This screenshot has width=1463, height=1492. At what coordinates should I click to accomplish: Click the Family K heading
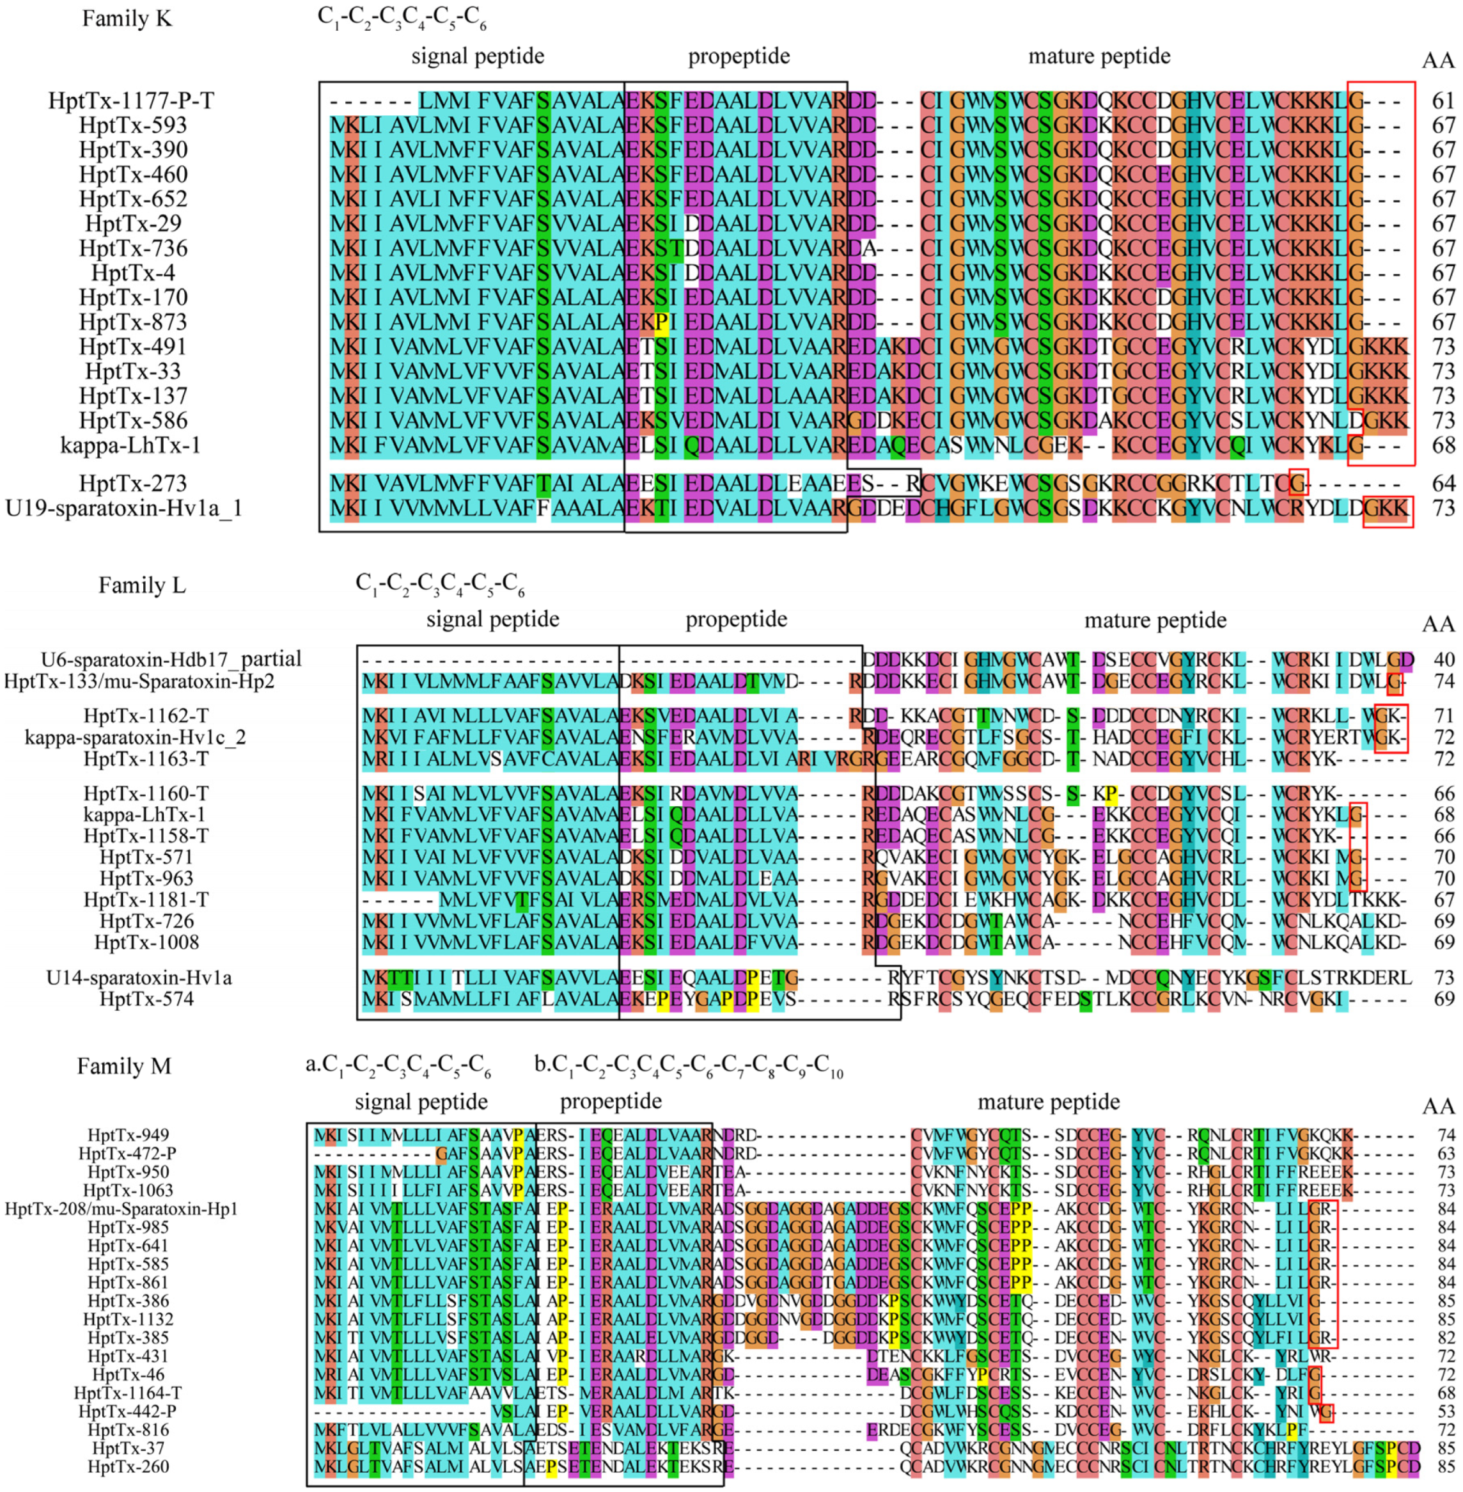point(127,19)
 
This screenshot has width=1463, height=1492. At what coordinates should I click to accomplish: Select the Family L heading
point(141,585)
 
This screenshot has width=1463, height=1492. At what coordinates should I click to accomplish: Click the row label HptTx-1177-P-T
point(130,100)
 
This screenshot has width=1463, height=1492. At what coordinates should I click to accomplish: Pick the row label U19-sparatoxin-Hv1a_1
point(123,508)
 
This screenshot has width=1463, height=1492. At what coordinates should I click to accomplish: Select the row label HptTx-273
point(133,484)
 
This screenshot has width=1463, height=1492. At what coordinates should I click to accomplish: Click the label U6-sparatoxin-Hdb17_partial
point(171,659)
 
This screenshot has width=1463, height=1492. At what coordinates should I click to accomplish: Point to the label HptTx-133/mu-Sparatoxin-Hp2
point(139,681)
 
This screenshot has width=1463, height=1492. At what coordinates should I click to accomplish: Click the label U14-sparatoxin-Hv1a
point(139,978)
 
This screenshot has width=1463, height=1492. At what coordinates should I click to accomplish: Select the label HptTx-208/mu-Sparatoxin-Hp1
point(121,1209)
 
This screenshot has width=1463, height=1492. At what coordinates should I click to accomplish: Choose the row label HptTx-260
point(129,1466)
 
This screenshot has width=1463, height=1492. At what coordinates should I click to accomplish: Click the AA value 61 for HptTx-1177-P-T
point(1443,100)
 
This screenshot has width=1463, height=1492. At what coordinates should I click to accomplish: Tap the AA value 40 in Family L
point(1444,659)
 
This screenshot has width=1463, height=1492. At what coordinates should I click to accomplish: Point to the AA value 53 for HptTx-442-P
point(1446,1411)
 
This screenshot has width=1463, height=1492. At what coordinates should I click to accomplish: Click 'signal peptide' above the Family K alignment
point(477,56)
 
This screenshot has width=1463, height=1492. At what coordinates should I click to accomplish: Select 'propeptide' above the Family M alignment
point(610,1102)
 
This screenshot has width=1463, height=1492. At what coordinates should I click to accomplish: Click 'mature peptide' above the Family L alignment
point(1155,619)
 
